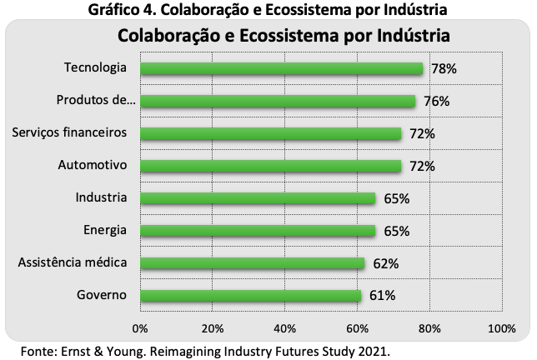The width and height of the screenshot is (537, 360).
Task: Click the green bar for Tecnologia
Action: point(282,68)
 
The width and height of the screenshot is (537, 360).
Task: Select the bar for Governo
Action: point(251,295)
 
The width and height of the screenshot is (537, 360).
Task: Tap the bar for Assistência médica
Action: point(253,263)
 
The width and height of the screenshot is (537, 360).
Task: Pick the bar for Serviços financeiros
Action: point(271,133)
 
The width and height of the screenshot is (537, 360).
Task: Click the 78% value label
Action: point(444,69)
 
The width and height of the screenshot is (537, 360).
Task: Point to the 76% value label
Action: point(437,102)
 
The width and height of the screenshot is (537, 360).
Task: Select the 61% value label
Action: point(382,295)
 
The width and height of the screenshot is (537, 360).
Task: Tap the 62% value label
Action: point(386,264)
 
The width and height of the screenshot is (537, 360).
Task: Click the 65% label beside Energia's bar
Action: point(397,232)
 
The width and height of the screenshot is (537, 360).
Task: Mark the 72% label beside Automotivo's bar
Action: point(422,167)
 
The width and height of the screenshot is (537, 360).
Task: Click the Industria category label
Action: point(101,197)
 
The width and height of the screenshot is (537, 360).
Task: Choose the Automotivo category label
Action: point(93,165)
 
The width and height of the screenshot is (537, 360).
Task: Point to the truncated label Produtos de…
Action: point(96,100)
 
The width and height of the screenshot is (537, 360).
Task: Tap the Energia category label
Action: point(105,230)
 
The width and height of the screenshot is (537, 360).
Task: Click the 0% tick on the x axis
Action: point(140,328)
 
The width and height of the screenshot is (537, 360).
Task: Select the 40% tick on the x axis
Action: point(285,328)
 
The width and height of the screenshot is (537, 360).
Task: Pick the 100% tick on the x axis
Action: point(502,328)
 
